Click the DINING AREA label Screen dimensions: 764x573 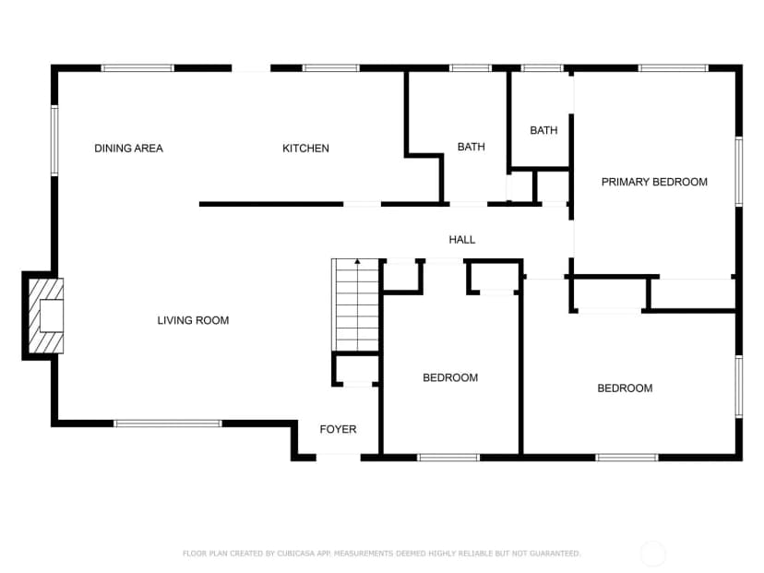pos(128,149)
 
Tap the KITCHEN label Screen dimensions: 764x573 pos(305,149)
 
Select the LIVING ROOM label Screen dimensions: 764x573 pos(193,320)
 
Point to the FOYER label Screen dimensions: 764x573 pos(338,429)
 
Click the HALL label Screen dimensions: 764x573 pos(462,239)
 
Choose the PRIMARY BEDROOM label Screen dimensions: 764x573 pos(654,182)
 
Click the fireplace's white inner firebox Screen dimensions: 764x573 pos(51,316)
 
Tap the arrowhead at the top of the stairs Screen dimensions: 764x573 pos(358,262)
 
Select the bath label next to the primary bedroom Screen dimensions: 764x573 pos(543,130)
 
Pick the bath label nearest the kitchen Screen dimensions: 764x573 pos(472,147)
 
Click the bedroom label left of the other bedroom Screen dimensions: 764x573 pos(450,377)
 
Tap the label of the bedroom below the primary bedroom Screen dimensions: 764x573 pos(625,388)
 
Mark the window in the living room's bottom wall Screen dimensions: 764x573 pos(168,424)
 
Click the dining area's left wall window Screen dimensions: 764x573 pos(54,141)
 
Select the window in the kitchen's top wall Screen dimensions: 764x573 pos(331,68)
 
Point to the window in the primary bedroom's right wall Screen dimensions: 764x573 pos(739,172)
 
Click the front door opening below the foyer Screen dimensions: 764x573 pos(338,457)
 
